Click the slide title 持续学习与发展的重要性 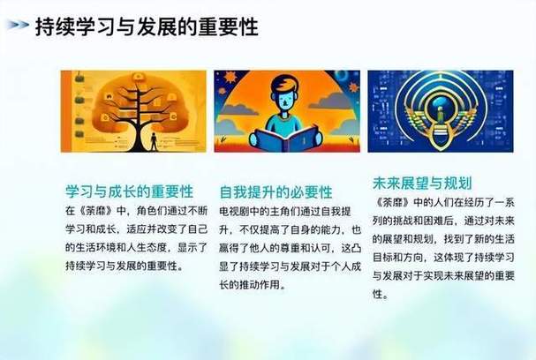(147, 27)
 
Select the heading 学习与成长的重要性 (129, 191)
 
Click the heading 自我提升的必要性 (276, 191)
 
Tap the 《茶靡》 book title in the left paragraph (96, 211)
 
